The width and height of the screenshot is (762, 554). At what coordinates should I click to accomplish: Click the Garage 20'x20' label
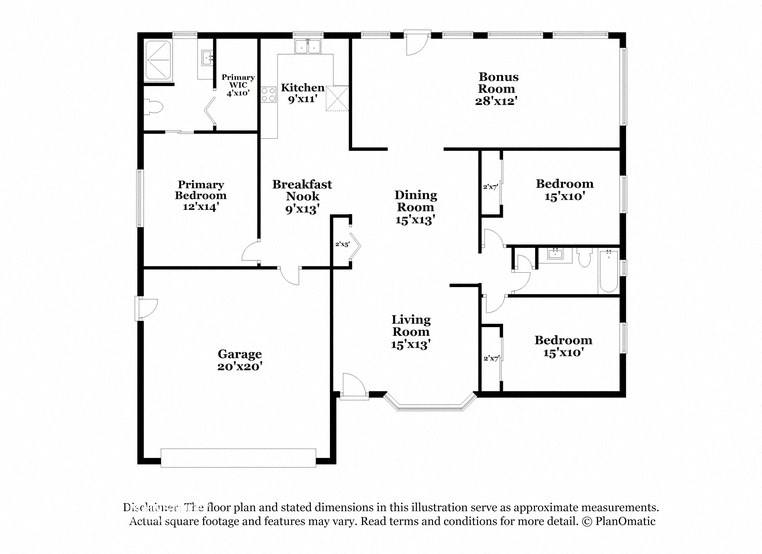[240, 360]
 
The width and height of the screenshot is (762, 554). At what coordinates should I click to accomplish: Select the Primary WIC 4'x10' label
[237, 85]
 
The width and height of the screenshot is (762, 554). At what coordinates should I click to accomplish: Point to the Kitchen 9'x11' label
[302, 93]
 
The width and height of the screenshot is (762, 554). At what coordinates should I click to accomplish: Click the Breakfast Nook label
[302, 197]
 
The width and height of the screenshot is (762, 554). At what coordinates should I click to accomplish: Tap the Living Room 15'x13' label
[410, 332]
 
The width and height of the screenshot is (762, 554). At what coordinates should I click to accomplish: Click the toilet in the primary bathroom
[153, 110]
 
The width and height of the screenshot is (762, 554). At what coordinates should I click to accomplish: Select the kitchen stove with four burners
[268, 96]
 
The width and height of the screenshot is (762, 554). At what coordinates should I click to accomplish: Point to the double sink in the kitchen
[306, 46]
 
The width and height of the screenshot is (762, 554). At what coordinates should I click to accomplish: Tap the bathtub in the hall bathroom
[608, 273]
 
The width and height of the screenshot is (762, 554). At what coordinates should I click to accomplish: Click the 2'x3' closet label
[342, 244]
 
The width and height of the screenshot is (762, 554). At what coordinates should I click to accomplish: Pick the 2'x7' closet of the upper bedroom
[490, 186]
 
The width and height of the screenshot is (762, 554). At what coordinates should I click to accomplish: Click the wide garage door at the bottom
[240, 456]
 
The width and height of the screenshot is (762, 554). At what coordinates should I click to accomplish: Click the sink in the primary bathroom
[204, 58]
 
